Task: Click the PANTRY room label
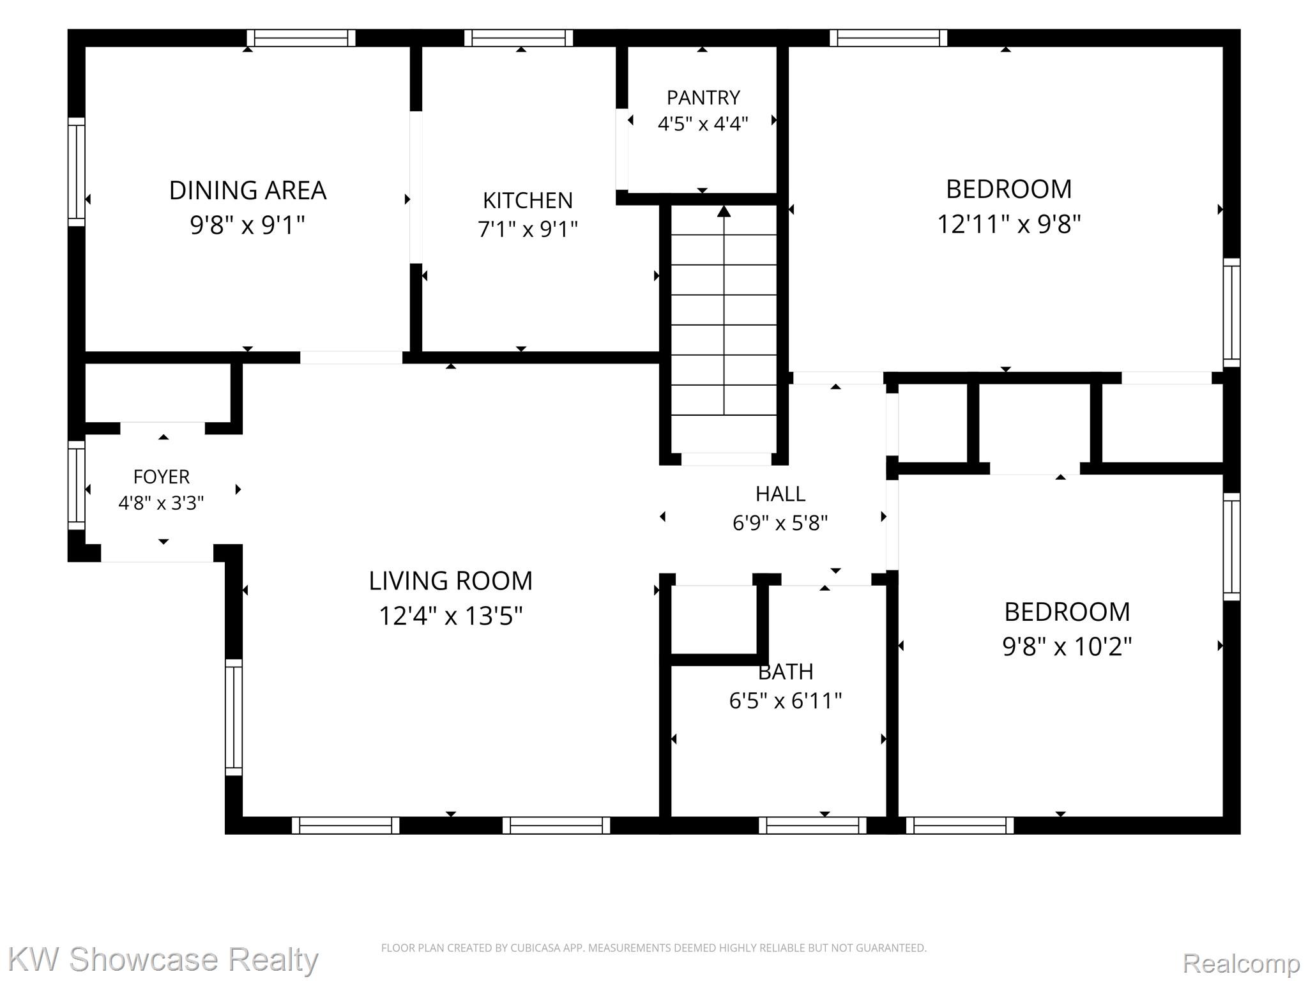coord(703,98)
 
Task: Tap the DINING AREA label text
coord(248,190)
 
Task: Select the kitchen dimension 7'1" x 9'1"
coord(528,229)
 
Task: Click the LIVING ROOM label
coord(450,581)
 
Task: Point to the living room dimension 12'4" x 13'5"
coord(450,616)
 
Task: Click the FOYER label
coord(162,476)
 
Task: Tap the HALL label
coord(780,494)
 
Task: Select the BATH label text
coord(786,671)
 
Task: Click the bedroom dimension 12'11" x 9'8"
coord(1008,224)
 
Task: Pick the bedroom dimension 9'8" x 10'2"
coord(1067,647)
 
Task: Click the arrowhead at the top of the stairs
coord(724,211)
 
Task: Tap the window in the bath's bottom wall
coord(812,825)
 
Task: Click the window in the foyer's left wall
coord(77,485)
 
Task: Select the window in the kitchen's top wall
coord(519,38)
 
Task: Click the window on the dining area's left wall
coord(77,171)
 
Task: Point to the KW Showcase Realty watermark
coord(163,959)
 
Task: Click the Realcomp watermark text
coord(1241,962)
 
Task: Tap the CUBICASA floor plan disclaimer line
coord(653,948)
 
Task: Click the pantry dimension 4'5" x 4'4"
coord(703,123)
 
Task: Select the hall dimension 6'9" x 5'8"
coord(780,523)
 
